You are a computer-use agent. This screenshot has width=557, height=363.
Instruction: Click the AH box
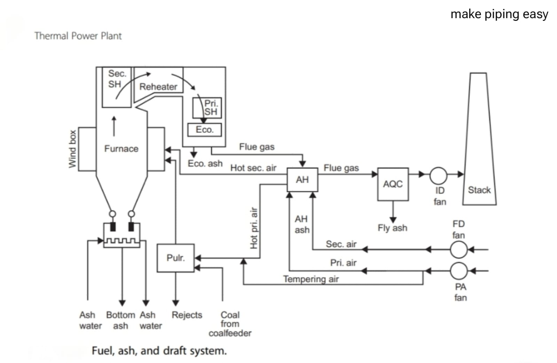pyautogui.click(x=302, y=180)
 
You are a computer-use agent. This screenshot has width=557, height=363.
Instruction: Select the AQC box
pyautogui.click(x=393, y=184)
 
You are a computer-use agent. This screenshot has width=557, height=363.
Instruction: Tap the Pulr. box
pyautogui.click(x=175, y=258)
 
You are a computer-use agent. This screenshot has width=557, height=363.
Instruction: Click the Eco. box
pyautogui.click(x=204, y=130)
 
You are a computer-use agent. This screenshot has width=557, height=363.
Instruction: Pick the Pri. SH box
pyautogui.click(x=207, y=108)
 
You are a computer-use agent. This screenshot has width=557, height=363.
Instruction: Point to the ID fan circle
pyautogui.click(x=438, y=176)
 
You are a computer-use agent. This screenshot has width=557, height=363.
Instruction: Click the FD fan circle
pyautogui.click(x=458, y=249)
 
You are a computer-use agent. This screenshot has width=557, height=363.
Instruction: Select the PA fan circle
pyautogui.click(x=458, y=270)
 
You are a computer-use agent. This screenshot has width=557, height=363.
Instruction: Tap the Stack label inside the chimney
pyautogui.click(x=479, y=190)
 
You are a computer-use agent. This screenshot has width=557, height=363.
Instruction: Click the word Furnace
pyautogui.click(x=121, y=149)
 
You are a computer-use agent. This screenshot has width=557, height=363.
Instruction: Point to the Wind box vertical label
pyautogui.click(x=72, y=149)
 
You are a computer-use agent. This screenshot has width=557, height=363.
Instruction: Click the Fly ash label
pyautogui.click(x=392, y=228)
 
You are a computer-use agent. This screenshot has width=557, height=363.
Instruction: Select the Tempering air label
pyautogui.click(x=311, y=279)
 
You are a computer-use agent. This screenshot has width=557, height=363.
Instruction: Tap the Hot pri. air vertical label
pyautogui.click(x=254, y=228)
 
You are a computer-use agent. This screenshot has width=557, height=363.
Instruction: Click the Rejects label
pyautogui.click(x=187, y=315)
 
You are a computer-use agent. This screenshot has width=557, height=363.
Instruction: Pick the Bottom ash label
pyautogui.click(x=120, y=320)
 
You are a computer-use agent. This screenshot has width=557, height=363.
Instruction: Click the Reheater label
pyautogui.click(x=158, y=87)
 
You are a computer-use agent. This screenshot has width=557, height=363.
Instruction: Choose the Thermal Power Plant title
pyautogui.click(x=78, y=36)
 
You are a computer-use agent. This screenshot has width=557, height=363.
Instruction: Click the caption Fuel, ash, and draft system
pyautogui.click(x=159, y=350)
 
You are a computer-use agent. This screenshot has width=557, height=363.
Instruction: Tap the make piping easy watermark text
pyautogui.click(x=499, y=14)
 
